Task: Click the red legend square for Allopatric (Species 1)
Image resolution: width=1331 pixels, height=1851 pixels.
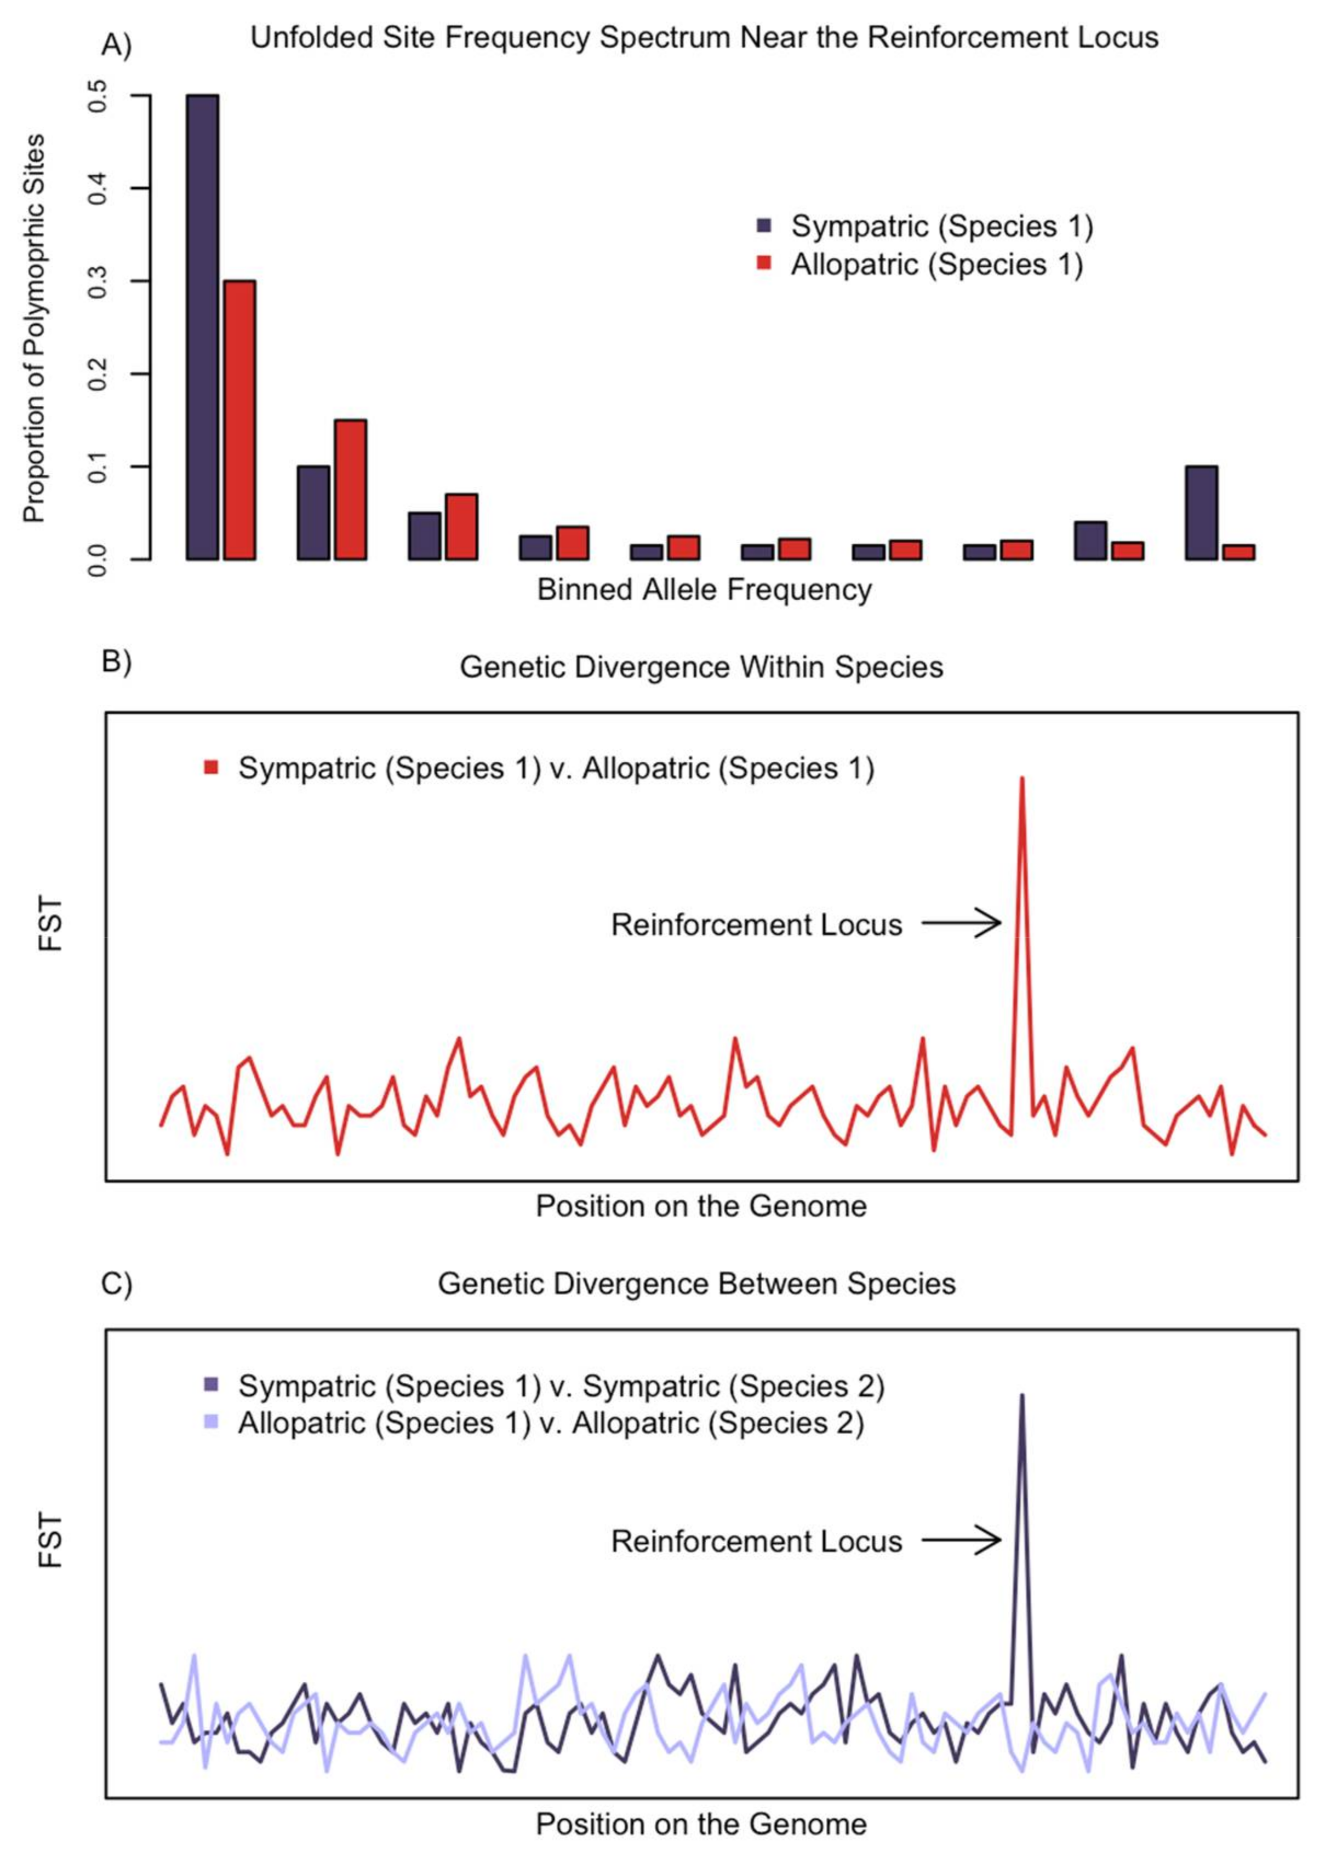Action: point(764,263)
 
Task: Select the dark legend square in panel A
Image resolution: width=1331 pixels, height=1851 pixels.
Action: point(764,225)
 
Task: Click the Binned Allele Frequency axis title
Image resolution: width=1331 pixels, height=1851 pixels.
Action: point(704,589)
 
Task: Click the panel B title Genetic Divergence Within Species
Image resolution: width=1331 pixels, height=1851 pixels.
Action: point(701,667)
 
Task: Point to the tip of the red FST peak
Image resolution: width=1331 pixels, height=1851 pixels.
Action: point(1021,779)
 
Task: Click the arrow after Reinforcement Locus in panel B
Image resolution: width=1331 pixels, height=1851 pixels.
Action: point(961,923)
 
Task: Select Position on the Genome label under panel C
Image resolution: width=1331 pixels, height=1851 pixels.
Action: point(701,1823)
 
